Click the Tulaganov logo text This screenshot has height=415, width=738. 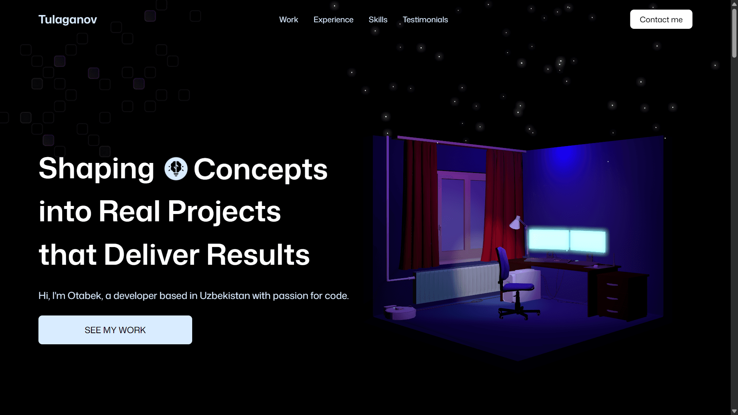point(68,20)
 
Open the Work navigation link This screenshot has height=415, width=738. point(288,20)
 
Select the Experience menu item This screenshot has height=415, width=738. point(333,20)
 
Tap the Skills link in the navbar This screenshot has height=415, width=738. point(378,20)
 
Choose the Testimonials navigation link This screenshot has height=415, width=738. point(425,20)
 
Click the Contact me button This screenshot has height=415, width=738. point(661,20)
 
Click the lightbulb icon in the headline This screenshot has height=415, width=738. point(176,169)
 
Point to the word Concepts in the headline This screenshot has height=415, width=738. point(261,169)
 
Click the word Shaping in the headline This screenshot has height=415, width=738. point(96,169)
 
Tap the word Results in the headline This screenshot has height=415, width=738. point(258,255)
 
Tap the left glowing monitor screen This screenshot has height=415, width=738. point(549,240)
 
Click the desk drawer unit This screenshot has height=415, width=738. point(612,297)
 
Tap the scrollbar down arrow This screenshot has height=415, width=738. point(734,411)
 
